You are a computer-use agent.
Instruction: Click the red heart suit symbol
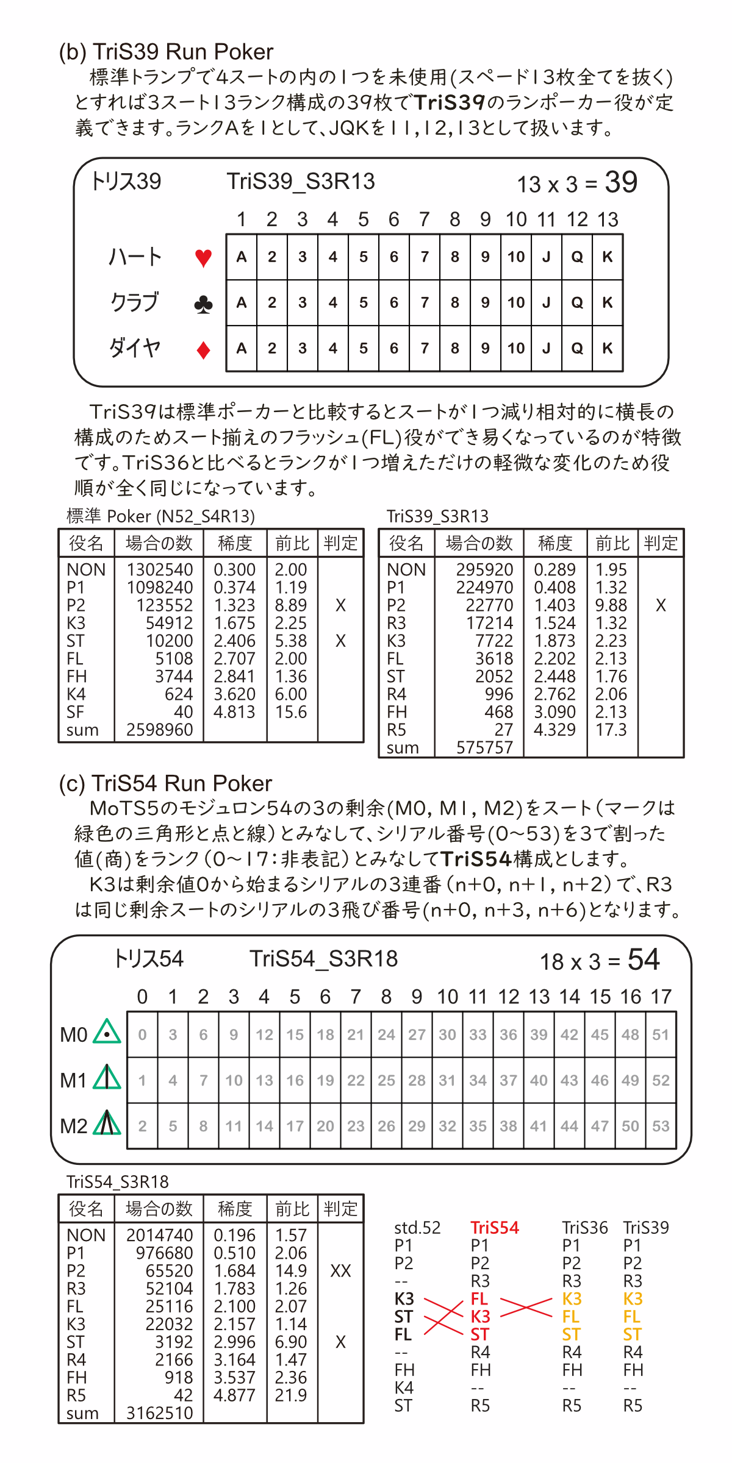tap(203, 257)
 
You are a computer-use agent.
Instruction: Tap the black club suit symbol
tap(203, 304)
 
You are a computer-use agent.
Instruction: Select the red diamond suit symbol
tap(203, 350)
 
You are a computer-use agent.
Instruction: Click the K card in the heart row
tap(607, 257)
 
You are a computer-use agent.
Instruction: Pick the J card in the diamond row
tap(546, 348)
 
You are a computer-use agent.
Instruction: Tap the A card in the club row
tap(242, 303)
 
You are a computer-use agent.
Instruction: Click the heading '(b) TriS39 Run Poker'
tap(166, 52)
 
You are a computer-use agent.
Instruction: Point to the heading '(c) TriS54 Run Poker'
tap(165, 783)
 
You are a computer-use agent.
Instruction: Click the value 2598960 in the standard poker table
tap(159, 730)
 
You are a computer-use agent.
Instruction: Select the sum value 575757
tap(484, 747)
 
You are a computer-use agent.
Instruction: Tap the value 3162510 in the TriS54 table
tap(159, 1413)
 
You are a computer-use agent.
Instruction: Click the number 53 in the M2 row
tap(661, 1126)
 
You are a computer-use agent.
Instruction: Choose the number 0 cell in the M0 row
tap(142, 1034)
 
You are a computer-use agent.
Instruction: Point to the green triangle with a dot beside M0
tap(107, 1032)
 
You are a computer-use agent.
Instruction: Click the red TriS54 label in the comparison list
tap(494, 1228)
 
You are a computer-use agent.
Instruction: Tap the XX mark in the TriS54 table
tap(340, 1271)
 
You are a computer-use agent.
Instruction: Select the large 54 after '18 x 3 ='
tap(644, 960)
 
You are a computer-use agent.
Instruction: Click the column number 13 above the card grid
tap(608, 219)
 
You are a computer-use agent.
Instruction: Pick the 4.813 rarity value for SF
tap(234, 712)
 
